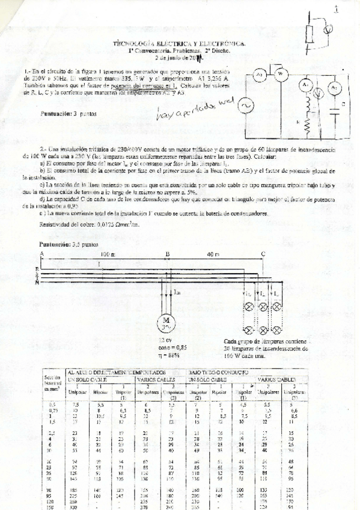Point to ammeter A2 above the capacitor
click(x=335, y=88)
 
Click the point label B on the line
click(x=167, y=254)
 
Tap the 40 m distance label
click(x=215, y=254)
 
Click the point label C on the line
click(x=262, y=254)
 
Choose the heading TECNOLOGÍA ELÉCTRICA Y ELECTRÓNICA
click(x=179, y=44)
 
